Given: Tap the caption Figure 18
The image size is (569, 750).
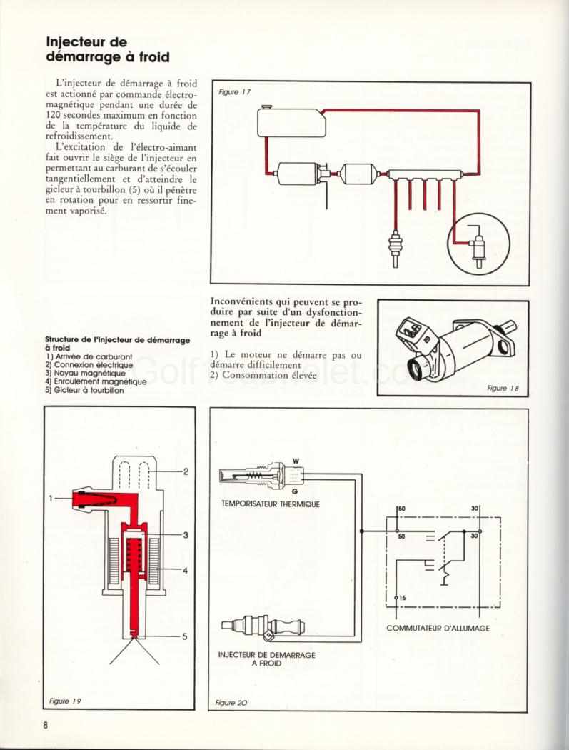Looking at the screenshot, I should (x=503, y=388).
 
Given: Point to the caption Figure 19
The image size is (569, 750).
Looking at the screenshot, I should (x=64, y=701).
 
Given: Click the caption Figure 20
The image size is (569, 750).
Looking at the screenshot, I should (x=231, y=703).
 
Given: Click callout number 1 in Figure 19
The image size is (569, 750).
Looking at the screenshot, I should (x=51, y=498).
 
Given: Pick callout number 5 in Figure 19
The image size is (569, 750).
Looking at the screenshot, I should (x=183, y=636).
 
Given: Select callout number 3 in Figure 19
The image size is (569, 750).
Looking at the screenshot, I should (x=184, y=534).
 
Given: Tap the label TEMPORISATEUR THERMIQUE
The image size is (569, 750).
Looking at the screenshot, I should (x=271, y=504).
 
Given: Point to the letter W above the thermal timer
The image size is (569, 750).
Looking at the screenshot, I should (x=296, y=461).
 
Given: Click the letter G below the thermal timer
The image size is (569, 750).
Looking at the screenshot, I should (x=295, y=493).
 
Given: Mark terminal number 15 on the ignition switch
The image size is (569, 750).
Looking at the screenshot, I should (x=402, y=597).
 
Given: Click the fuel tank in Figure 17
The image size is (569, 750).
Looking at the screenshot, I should (x=292, y=122).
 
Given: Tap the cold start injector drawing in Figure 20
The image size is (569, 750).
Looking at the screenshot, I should (x=263, y=626).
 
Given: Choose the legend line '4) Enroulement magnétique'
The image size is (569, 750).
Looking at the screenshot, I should (x=96, y=381).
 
